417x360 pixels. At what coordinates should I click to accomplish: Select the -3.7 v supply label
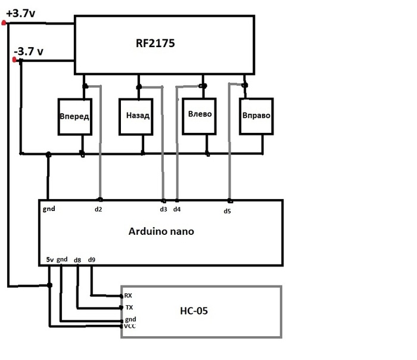tap(29, 52)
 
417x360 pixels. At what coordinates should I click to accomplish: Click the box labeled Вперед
tap(74, 115)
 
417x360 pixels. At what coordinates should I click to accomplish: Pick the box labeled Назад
tap(138, 115)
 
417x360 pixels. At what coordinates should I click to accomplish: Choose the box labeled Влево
tap(200, 114)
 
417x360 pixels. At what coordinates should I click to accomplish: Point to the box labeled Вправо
tap(257, 115)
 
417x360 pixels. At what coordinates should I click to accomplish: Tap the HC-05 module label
tap(194, 311)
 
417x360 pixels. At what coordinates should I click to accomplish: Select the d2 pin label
tap(98, 209)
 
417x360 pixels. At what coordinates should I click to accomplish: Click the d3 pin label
tap(164, 209)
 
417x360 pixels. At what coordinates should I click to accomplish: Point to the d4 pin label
tap(177, 209)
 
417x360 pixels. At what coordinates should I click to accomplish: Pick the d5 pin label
tap(227, 210)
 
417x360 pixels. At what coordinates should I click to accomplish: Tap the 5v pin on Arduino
tap(49, 260)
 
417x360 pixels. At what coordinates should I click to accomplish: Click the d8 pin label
tap(77, 260)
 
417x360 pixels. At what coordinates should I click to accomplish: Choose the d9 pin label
tap(91, 260)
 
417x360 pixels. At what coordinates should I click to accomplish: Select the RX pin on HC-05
tap(128, 296)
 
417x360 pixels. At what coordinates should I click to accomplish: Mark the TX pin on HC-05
tap(128, 308)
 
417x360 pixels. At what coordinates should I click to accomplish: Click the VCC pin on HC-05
tap(130, 327)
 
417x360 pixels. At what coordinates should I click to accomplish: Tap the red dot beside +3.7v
tap(4, 23)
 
